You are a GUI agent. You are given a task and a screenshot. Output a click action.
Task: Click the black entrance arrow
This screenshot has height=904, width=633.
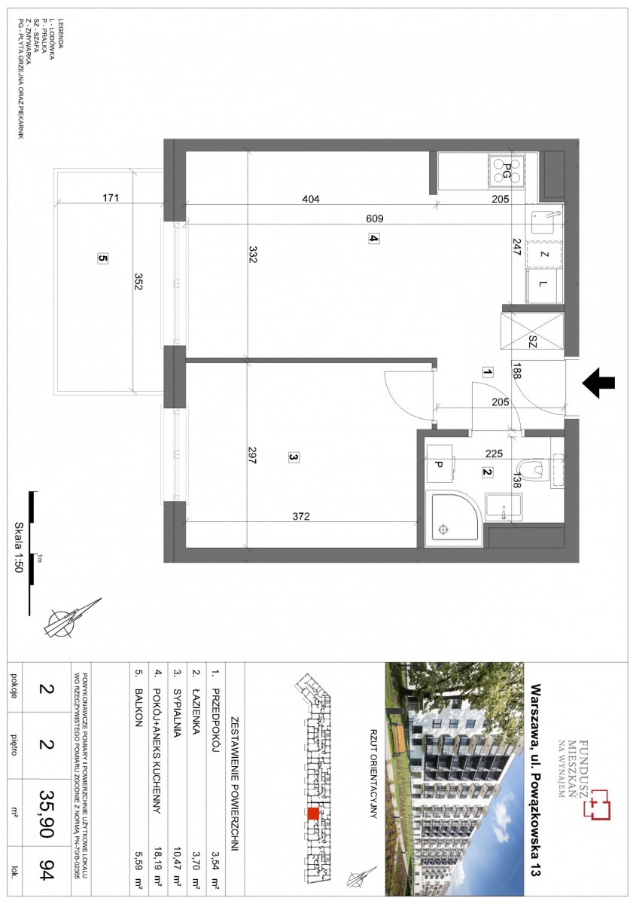[x=598, y=383]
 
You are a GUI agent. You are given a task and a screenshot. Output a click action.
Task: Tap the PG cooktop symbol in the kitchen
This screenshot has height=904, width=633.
[x=507, y=171]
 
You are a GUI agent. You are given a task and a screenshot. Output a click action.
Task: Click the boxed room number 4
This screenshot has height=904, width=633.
[x=374, y=239]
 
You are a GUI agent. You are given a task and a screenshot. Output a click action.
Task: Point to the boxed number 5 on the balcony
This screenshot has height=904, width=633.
[x=103, y=258]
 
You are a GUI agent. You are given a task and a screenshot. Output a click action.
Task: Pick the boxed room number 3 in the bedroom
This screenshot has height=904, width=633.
[x=294, y=457]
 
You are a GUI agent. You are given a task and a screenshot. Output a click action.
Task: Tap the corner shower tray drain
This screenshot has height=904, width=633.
[x=443, y=529]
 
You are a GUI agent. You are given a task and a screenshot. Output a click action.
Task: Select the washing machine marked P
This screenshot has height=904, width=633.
[x=439, y=464]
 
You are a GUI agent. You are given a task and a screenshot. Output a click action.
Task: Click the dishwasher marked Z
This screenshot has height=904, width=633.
[x=544, y=255]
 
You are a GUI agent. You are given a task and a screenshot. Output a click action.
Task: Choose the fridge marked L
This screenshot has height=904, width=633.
[x=544, y=286]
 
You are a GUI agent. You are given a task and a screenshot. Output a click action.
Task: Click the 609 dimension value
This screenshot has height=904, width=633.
[x=375, y=218]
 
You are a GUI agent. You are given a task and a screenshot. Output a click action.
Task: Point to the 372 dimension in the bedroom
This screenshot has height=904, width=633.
[x=301, y=516]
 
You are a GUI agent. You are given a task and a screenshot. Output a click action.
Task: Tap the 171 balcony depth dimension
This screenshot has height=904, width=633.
[x=111, y=197]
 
